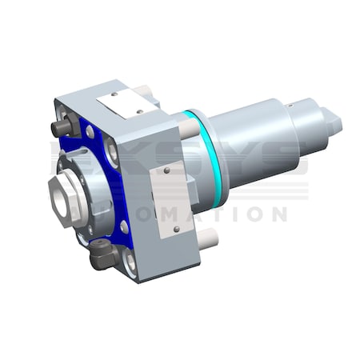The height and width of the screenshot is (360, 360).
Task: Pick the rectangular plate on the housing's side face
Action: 170,200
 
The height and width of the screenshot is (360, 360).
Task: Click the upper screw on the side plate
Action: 166,170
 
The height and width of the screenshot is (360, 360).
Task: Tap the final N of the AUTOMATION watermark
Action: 277,214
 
